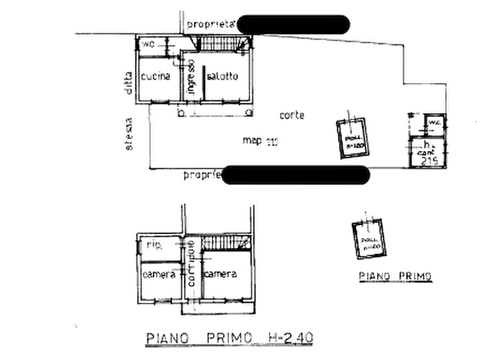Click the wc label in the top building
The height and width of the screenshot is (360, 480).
click(148, 44)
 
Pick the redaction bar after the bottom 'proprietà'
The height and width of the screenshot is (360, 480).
click(295, 175)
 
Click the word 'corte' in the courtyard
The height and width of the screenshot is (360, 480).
click(292, 114)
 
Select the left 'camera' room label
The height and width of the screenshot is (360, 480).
click(159, 274)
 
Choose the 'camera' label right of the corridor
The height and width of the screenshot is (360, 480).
click(221, 275)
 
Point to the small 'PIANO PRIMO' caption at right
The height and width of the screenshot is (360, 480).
click(395, 276)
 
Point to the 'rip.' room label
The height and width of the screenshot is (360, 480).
click(155, 246)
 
